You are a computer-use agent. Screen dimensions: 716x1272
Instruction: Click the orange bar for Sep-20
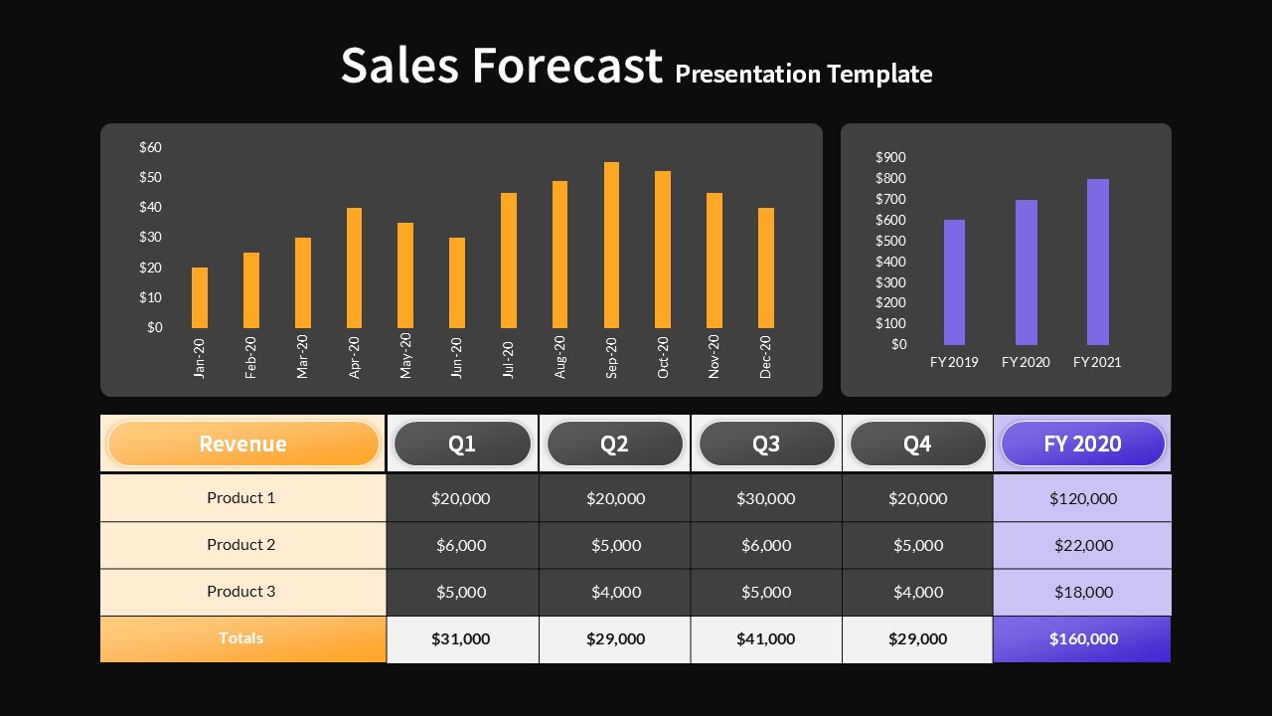[x=611, y=245]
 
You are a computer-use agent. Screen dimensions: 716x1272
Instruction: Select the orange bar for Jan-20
[x=200, y=297]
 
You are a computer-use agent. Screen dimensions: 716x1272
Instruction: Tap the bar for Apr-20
[x=354, y=268]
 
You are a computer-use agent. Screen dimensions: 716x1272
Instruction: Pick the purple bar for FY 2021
[x=1097, y=262]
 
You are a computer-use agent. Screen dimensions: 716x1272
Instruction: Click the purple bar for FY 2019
[x=954, y=282]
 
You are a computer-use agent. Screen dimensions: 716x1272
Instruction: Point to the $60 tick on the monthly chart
[x=151, y=147]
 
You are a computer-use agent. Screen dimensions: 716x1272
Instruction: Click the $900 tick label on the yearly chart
[x=891, y=157]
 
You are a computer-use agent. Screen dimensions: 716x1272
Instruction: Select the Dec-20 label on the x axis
[x=766, y=356]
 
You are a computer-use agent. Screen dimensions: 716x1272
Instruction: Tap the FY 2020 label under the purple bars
[x=1026, y=362]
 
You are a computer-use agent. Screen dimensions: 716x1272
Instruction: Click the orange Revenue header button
[x=242, y=444]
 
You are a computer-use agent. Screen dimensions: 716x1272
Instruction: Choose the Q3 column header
[x=766, y=444]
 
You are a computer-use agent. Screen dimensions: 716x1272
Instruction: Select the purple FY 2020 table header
[x=1082, y=444]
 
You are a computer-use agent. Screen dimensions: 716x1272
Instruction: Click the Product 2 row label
[x=241, y=545]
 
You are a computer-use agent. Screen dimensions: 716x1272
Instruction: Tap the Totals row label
[x=241, y=638]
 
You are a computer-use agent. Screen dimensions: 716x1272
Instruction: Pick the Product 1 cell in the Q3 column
[x=766, y=498]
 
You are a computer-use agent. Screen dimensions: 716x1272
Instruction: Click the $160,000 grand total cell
[x=1082, y=638]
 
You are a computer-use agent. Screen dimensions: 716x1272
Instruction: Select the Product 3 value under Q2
[x=615, y=592]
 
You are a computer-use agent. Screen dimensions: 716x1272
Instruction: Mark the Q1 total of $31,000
[x=461, y=638]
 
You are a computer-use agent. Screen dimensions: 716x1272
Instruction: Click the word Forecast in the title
[x=566, y=66]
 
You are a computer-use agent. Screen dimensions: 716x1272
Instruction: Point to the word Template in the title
[x=879, y=74]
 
